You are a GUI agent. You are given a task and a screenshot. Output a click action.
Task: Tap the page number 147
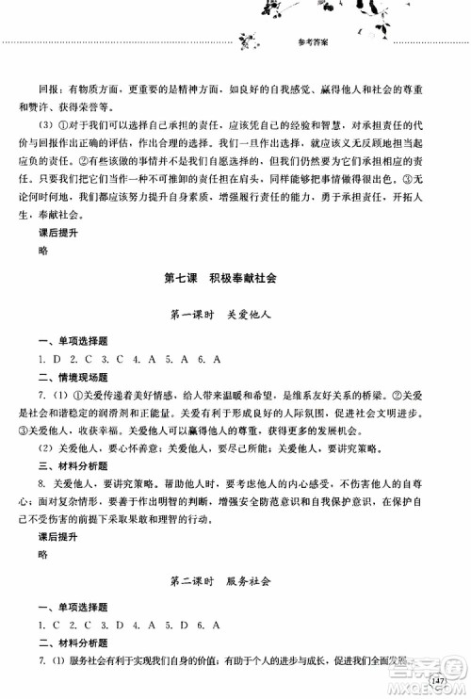[435, 679]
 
